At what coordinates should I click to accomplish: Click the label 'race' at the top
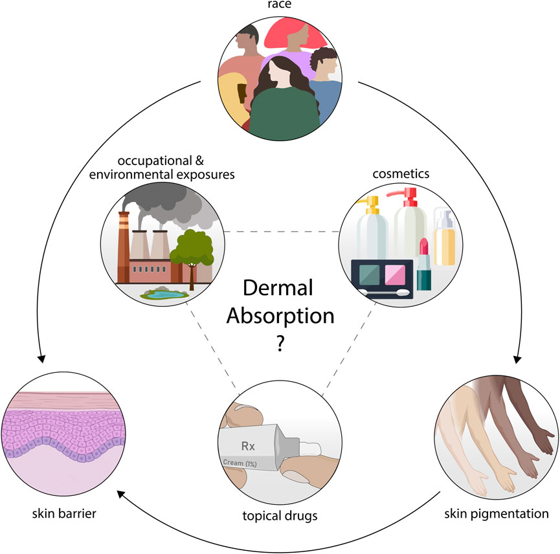click(x=280, y=6)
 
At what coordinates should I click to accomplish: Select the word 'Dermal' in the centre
click(x=280, y=289)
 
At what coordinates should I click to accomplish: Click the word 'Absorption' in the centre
click(x=280, y=316)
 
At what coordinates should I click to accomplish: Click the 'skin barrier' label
click(x=65, y=515)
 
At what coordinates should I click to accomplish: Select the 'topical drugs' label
click(x=280, y=516)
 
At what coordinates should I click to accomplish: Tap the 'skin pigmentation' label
click(x=497, y=515)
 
